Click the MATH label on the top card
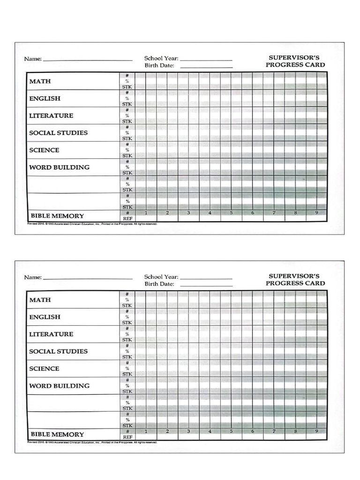point(40,81)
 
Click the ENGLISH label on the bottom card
point(45,317)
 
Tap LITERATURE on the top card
point(51,115)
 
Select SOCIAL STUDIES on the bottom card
point(58,351)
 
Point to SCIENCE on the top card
point(44,150)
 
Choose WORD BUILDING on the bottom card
point(59,386)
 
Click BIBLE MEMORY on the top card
point(57,216)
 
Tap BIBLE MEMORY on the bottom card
point(57,434)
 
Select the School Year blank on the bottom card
point(206,278)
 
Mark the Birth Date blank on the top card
point(206,67)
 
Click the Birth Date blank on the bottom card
point(206,285)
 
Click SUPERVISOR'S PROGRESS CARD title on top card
point(295,61)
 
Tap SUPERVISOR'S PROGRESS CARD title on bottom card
point(295,280)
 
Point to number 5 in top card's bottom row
point(231,213)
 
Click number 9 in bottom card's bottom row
point(316,431)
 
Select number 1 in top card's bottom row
point(146,213)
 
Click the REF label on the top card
point(127,218)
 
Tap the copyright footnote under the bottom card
point(92,442)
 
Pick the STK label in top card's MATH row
point(127,87)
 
